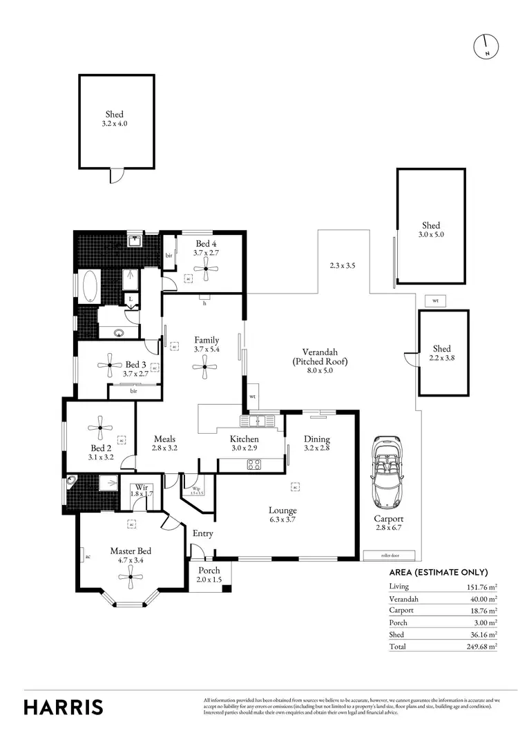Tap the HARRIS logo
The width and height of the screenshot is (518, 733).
point(64,707)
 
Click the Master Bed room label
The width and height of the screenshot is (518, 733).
point(131,555)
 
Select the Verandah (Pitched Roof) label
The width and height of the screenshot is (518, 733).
point(318,361)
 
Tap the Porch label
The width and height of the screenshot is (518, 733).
point(209,575)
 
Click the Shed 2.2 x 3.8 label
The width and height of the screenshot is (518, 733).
point(441,353)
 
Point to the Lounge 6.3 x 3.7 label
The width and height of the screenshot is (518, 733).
point(282,515)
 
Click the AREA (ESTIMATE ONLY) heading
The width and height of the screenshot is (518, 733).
point(439,572)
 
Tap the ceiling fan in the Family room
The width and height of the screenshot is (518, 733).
point(205,368)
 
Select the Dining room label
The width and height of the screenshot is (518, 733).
point(317,444)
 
